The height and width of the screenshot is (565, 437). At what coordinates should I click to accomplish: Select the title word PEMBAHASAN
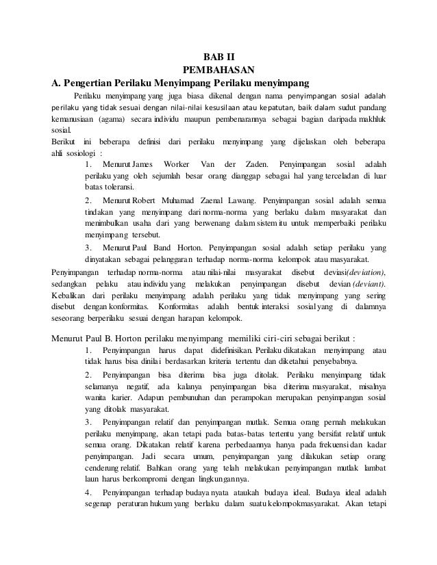click(x=218, y=69)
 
